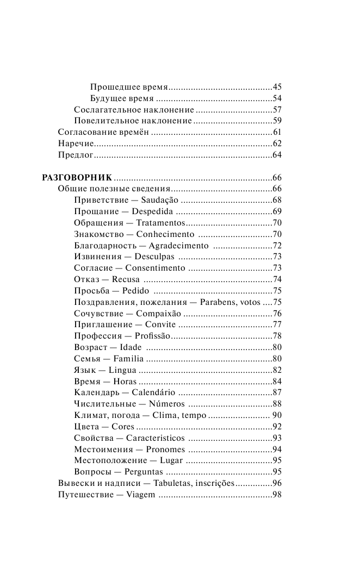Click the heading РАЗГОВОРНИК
pyautogui.click(x=77, y=178)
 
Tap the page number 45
pyautogui.click(x=277, y=87)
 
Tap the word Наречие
pyautogui.click(x=76, y=144)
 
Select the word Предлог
pyautogui.click(x=77, y=155)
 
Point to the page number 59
pyautogui.click(x=277, y=121)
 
